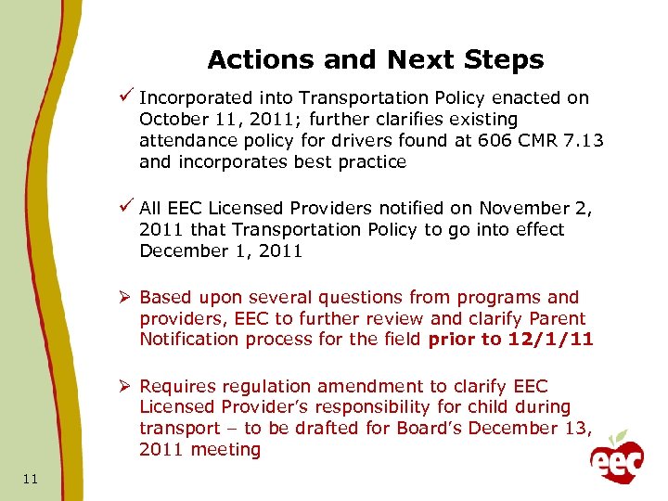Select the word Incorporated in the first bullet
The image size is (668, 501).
tap(193, 98)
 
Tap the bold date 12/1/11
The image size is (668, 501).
tap(550, 339)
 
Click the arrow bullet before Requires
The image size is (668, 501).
tap(126, 386)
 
